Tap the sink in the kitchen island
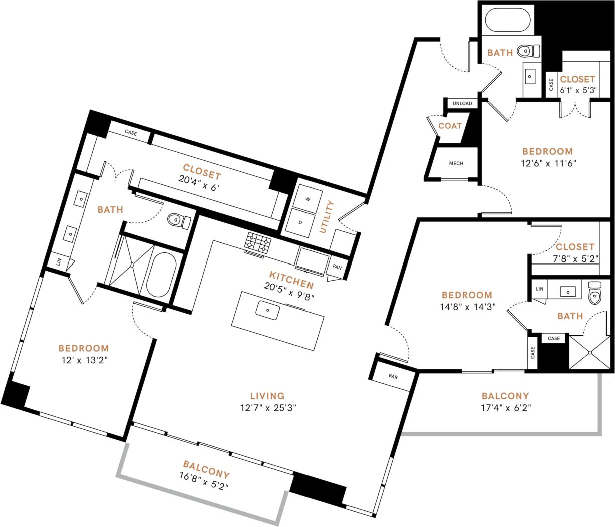coord(268,310)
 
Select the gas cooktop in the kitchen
coord(258,243)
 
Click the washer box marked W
coord(307,199)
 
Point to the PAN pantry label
coord(337,267)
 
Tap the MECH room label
coord(456,163)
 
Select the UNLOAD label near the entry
coord(462,104)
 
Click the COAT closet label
coord(450,126)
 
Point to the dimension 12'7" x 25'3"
coord(268,408)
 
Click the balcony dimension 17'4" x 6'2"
coord(505,408)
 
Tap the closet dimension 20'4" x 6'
coord(199,178)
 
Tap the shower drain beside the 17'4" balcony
coord(591,353)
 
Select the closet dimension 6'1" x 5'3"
coord(577,91)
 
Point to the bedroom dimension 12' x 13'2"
coord(83,360)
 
